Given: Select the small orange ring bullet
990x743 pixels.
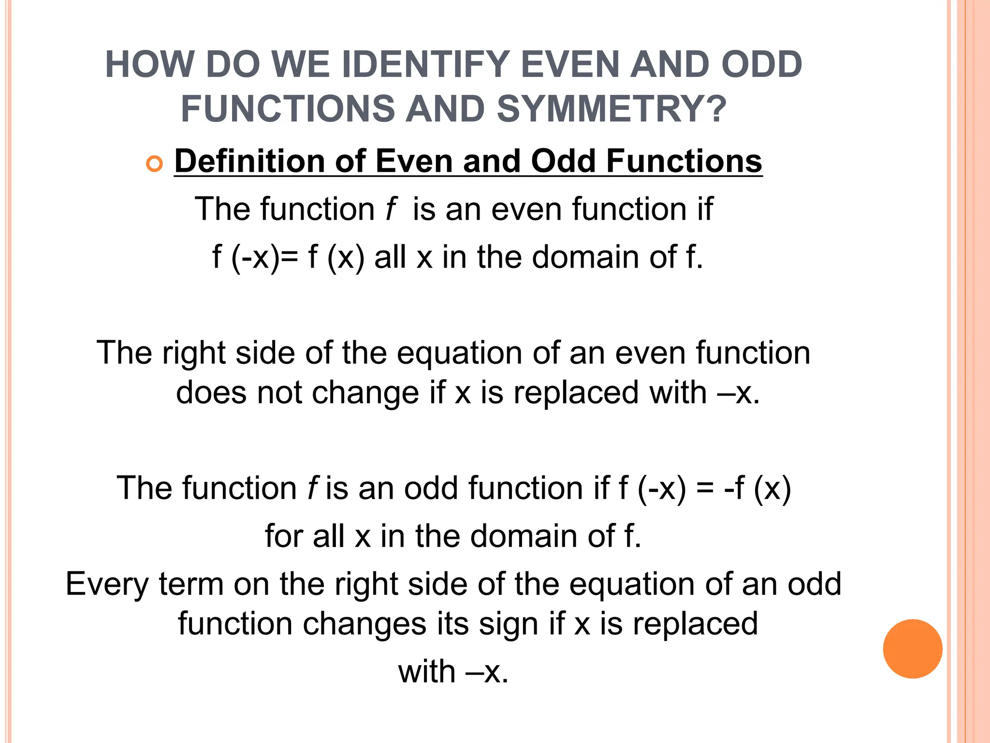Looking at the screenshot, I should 154,164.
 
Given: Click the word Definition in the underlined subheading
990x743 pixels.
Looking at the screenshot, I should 249,161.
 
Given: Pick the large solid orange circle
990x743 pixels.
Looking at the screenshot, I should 912,649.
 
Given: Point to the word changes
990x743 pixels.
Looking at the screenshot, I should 364,624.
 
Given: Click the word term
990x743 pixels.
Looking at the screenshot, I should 191,584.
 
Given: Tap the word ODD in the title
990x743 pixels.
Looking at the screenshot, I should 761,65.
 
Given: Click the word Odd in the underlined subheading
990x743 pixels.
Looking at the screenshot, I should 563,161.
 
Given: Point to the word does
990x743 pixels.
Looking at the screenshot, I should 211,392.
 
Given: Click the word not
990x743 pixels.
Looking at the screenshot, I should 279,392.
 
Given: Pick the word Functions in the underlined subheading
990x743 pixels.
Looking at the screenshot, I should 684,161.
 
